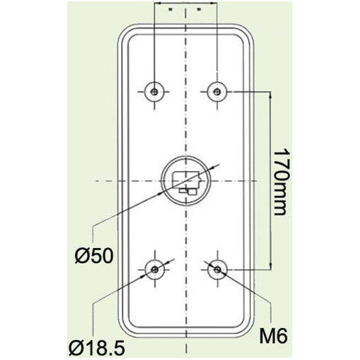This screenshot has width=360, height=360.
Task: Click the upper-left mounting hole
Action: click(155, 91)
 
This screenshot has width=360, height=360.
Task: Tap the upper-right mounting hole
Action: click(217, 91)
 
